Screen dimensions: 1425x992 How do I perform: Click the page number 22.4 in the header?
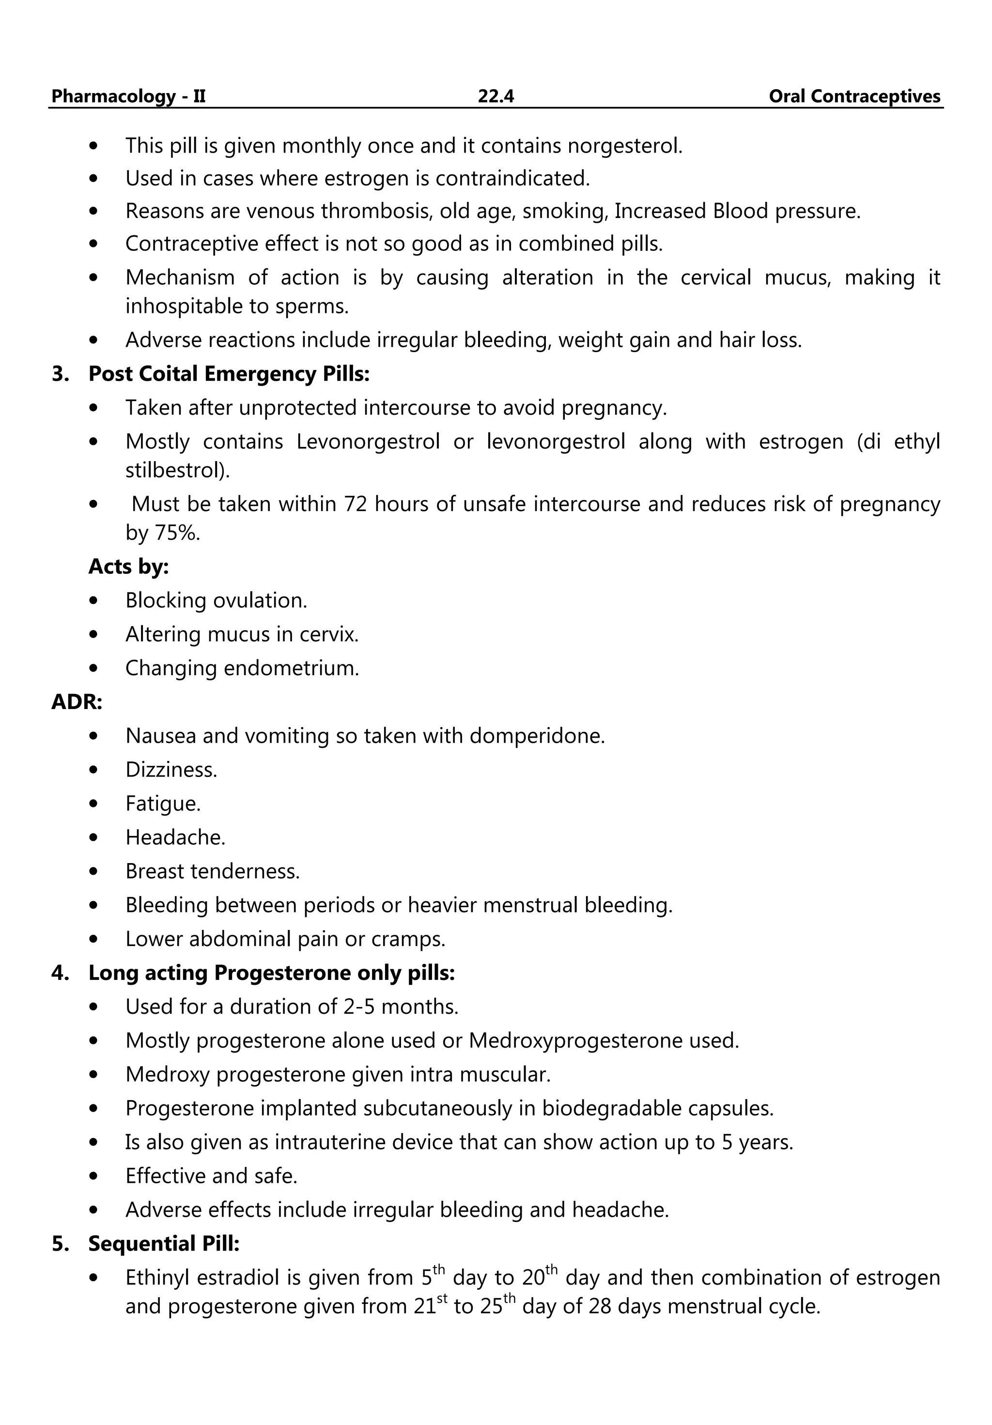(496, 96)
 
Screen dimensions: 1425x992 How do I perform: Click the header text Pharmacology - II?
(128, 96)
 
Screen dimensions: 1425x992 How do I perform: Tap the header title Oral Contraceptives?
(854, 96)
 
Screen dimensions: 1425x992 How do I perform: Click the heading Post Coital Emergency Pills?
(229, 373)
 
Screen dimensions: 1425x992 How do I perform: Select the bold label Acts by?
(128, 566)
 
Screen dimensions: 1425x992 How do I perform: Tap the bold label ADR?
(77, 702)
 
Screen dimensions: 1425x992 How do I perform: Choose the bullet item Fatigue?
(163, 804)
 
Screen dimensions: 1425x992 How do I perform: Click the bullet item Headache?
(175, 838)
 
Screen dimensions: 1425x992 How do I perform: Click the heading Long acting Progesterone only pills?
(271, 973)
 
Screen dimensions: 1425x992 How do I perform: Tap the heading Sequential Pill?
(163, 1244)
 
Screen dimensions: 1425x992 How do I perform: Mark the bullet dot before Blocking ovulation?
(94, 601)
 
